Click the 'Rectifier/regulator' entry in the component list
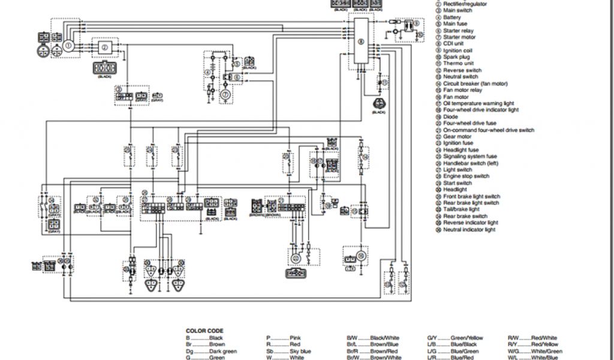[x=465, y=4]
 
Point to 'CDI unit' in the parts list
[x=454, y=44]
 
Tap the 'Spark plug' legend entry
[x=456, y=57]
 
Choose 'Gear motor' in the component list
[x=457, y=137]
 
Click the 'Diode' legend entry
[x=451, y=117]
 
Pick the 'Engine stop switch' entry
[x=466, y=176]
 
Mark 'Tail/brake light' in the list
[x=461, y=210]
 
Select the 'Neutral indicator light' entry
[x=469, y=230]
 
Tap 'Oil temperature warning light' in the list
[x=478, y=104]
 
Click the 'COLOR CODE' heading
[x=204, y=331]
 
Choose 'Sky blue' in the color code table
[x=300, y=352]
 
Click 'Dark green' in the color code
[x=222, y=352]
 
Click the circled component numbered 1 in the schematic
[x=69, y=45]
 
